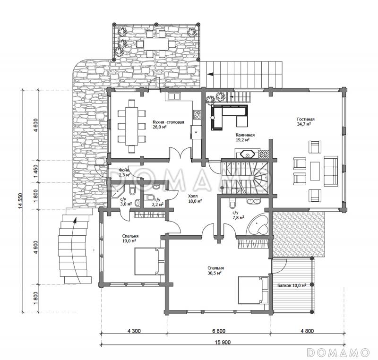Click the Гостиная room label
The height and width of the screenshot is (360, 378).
(305, 119)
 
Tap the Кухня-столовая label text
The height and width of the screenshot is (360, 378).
(168, 122)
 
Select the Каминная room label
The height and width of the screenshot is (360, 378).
(245, 135)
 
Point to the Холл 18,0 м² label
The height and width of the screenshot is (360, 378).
(195, 198)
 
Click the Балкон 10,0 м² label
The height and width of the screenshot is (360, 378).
(292, 285)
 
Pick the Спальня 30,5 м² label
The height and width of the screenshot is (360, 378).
(215, 270)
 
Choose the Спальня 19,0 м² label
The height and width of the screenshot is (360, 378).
(130, 238)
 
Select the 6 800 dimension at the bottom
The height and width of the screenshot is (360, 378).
(219, 331)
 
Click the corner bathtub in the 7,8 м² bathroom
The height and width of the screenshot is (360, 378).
(258, 225)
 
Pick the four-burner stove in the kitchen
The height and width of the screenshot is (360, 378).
(197, 114)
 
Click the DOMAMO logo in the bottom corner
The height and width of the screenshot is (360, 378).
(338, 352)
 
